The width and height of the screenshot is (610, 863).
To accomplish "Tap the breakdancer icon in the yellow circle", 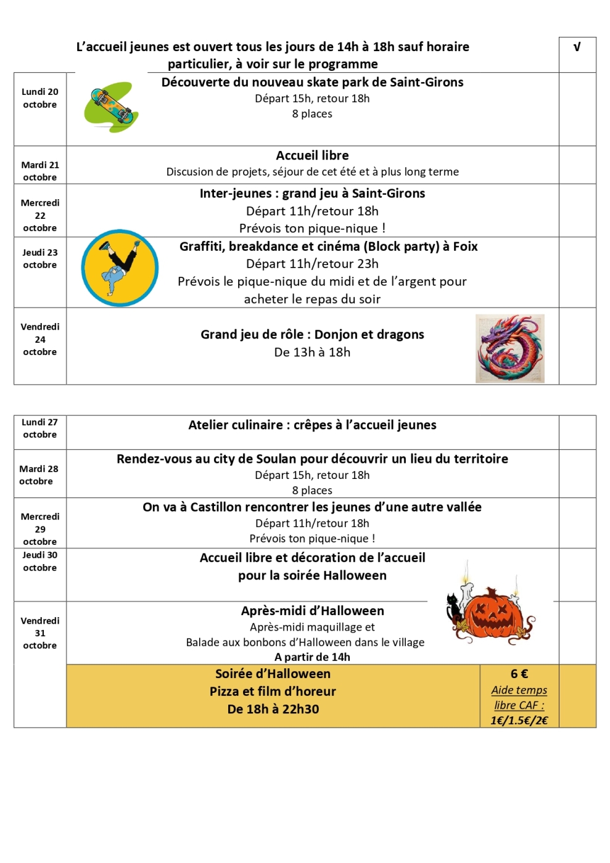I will (x=120, y=268).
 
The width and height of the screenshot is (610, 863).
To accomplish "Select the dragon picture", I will (x=510, y=348).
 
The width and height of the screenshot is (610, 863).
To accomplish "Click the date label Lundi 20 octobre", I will (x=40, y=98).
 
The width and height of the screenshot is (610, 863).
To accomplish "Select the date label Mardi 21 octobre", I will (x=40, y=171).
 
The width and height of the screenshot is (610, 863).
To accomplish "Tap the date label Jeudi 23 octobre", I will (x=40, y=258).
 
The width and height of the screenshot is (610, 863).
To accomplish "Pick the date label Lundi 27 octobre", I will (x=40, y=428).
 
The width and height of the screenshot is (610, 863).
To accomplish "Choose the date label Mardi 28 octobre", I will (x=38, y=475).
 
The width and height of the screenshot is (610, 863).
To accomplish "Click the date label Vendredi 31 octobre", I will (x=40, y=633).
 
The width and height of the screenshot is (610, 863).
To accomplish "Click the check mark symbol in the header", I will (x=577, y=47).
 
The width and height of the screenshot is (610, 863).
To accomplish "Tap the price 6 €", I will (x=519, y=674).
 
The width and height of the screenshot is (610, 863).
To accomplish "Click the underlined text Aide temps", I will (x=519, y=690).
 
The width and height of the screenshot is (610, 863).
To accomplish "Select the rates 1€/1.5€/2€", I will (x=519, y=720).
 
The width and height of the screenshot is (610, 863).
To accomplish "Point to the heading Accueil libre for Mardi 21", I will (x=312, y=155).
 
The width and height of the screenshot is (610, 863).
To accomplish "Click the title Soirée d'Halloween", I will (x=273, y=674).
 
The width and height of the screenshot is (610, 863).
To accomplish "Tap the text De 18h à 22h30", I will (x=273, y=709).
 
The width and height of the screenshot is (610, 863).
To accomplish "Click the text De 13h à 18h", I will (x=312, y=352).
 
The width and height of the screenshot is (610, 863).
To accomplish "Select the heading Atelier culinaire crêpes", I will (x=312, y=425).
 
